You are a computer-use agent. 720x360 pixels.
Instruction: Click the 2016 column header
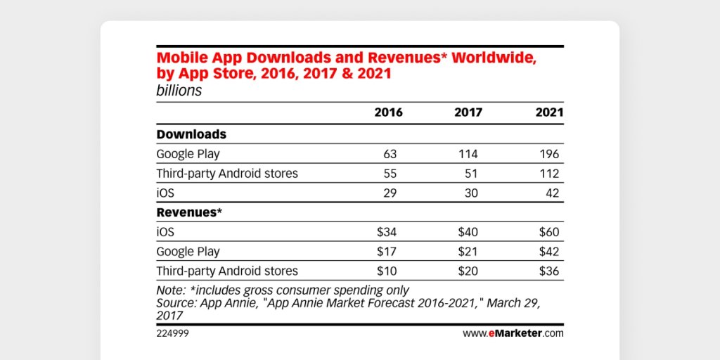(x=388, y=112)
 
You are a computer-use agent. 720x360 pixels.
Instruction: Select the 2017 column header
(x=468, y=112)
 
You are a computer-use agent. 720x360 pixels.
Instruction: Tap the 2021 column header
(x=548, y=112)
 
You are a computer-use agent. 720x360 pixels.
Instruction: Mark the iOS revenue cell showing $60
(x=548, y=232)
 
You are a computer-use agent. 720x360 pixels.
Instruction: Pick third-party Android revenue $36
(x=548, y=271)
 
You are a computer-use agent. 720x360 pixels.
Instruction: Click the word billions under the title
(x=179, y=91)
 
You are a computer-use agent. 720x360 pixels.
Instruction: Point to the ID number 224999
(x=172, y=333)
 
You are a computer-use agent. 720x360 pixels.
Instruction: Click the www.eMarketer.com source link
(x=513, y=333)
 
